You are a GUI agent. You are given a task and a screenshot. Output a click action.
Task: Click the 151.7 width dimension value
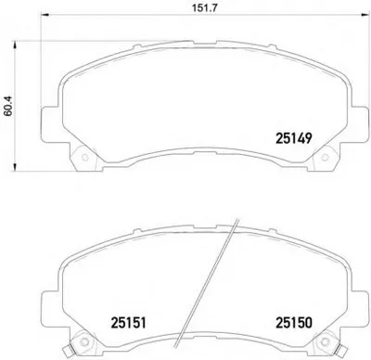pos(205,7)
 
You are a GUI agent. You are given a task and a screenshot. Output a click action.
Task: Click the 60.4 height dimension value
pos(8,106)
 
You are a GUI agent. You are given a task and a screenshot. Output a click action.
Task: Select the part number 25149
pos(293,138)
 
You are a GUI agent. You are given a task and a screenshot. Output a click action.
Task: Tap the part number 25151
pos(128,323)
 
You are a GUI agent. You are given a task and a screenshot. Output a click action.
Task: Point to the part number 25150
pos(294,323)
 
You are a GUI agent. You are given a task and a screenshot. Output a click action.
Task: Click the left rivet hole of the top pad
pos(85,158)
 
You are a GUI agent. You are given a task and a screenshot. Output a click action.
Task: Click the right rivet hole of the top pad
pos(325,158)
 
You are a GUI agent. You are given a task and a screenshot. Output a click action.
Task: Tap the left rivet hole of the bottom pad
pos(83,341)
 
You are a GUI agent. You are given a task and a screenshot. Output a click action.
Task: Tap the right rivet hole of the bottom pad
pos(324,341)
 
